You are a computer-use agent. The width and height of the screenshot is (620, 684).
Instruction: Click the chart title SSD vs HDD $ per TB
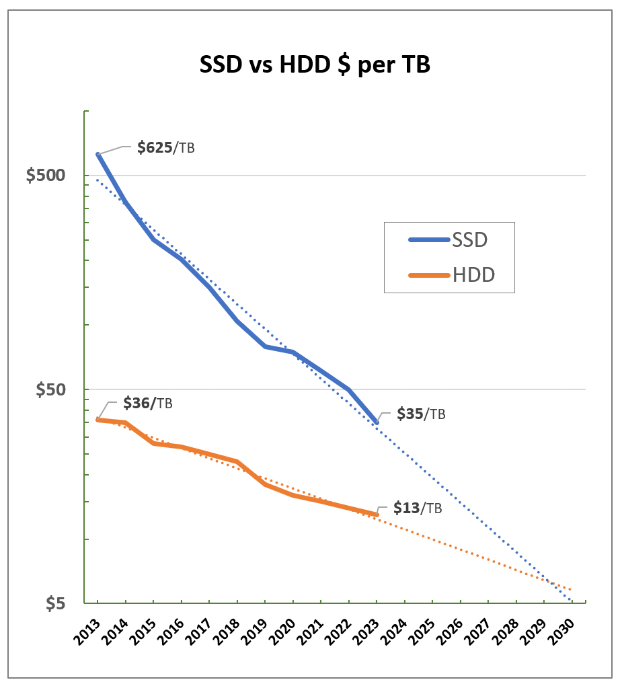(315, 66)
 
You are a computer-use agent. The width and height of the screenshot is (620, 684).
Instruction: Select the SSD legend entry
(449, 239)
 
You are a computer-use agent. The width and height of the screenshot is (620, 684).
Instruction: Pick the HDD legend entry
(449, 274)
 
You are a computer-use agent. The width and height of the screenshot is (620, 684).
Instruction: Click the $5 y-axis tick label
(57, 603)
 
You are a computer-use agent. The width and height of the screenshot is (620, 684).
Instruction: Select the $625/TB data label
(165, 147)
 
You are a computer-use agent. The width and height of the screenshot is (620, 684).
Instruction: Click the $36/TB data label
(147, 404)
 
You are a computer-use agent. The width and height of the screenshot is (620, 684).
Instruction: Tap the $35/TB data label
(421, 413)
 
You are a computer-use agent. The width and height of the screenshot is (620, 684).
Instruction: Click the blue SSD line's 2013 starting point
(98, 155)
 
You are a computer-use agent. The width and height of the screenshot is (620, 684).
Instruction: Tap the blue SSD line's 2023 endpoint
(377, 422)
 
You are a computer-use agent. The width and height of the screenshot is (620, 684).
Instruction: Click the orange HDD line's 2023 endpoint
(377, 515)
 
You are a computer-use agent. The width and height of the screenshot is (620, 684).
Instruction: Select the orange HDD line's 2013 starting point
(98, 420)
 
